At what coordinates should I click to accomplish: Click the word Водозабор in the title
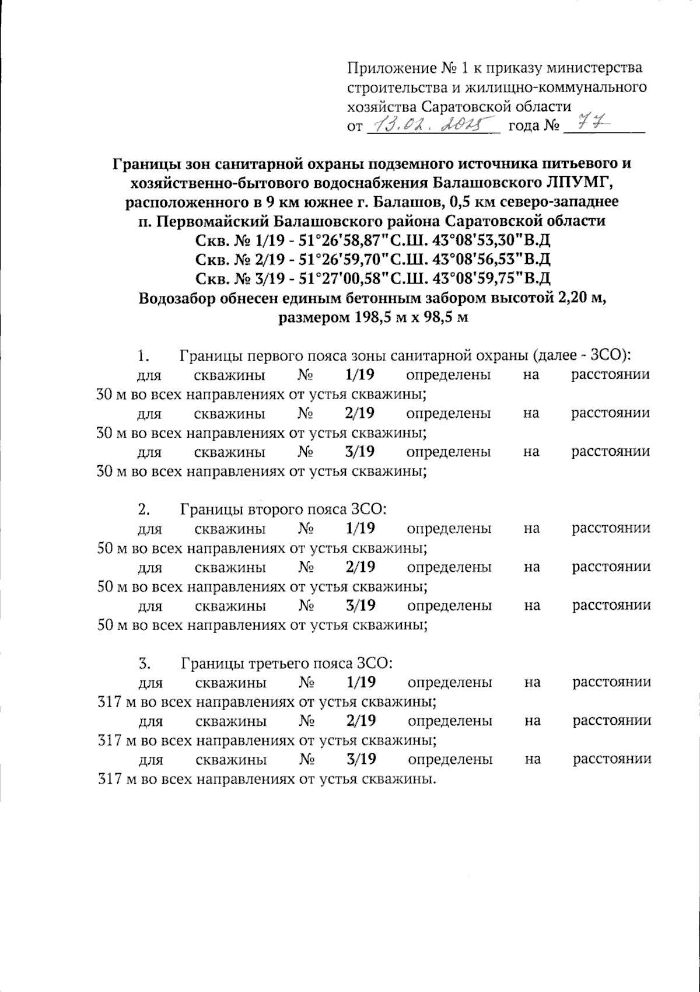coord(175,298)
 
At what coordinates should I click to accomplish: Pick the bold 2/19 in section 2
coord(360,567)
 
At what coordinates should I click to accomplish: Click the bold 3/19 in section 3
coord(360,759)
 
